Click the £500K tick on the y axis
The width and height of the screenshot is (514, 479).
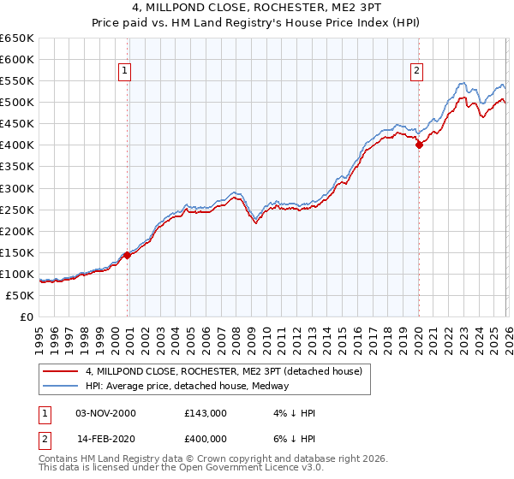click(x=17, y=103)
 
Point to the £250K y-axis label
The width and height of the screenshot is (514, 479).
click(x=17, y=210)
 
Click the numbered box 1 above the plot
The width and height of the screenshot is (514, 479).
click(x=125, y=71)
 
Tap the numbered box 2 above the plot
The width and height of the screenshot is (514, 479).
click(x=416, y=71)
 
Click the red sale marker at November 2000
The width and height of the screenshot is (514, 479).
click(x=127, y=255)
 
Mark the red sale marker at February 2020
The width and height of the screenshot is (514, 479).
click(x=419, y=145)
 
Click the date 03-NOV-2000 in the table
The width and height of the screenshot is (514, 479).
click(x=107, y=413)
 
